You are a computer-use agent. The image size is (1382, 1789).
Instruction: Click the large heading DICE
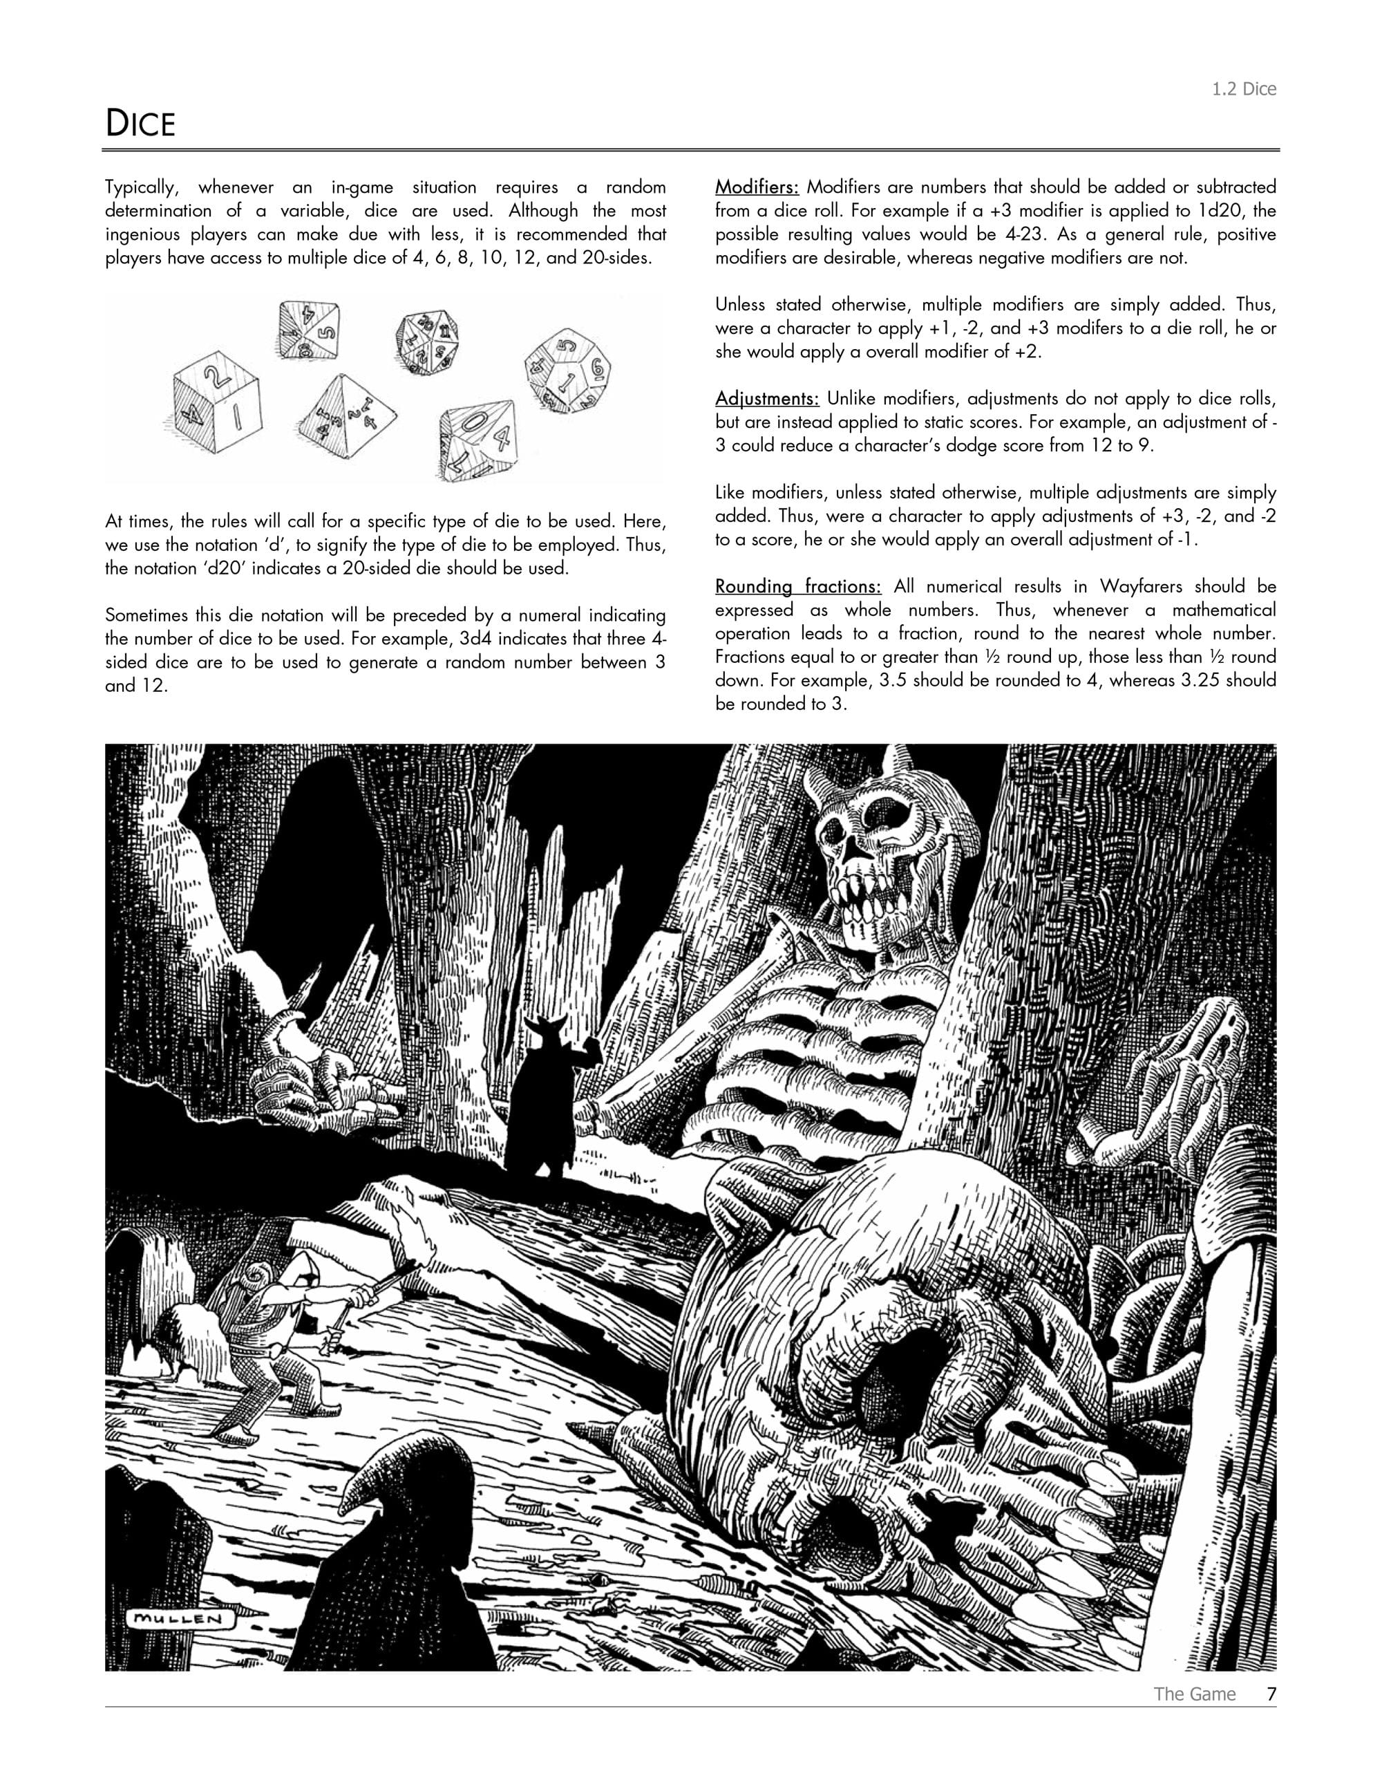point(140,124)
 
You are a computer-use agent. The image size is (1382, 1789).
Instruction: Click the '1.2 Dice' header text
point(1244,89)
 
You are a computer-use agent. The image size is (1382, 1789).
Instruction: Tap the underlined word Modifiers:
point(757,187)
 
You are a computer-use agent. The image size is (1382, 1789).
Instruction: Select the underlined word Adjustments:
point(766,399)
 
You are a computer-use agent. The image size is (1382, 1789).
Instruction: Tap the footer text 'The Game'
point(1195,1694)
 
